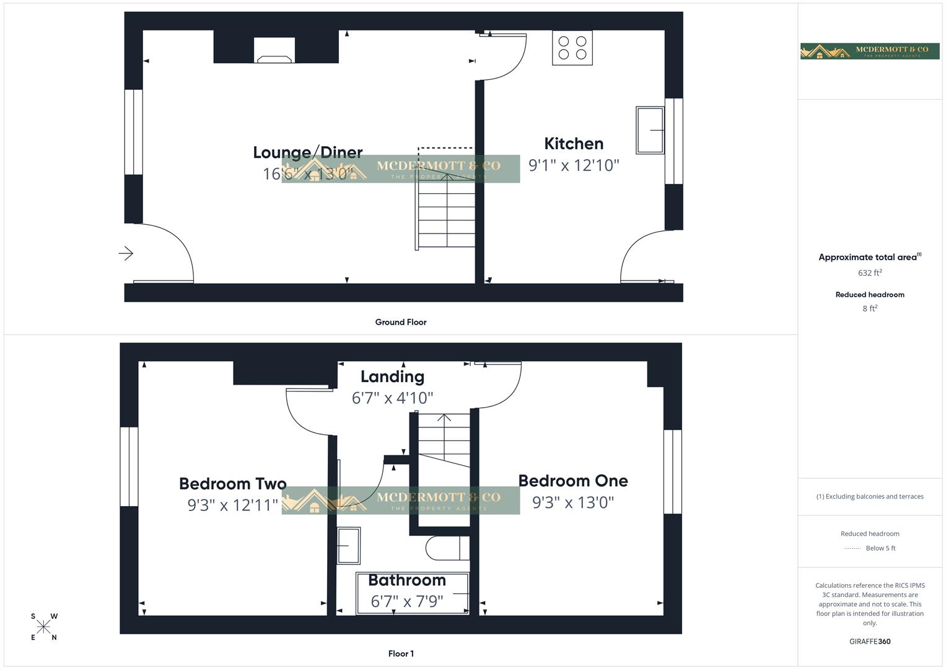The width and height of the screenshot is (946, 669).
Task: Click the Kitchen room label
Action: (574, 144)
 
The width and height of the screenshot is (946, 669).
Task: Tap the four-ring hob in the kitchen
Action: (572, 48)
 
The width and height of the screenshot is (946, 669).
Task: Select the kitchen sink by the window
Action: (649, 130)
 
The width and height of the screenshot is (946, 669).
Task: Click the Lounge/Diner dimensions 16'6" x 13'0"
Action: (308, 173)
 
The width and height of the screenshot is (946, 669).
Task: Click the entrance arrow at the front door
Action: (126, 253)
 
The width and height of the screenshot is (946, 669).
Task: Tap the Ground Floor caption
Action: (401, 322)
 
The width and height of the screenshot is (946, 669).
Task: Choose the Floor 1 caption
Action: (401, 654)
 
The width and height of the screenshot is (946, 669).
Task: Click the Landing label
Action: (392, 377)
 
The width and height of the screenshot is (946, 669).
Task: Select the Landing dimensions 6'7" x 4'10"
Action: (392, 398)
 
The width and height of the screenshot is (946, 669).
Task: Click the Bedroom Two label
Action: (233, 484)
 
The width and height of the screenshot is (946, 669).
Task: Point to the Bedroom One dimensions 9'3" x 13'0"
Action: (573, 502)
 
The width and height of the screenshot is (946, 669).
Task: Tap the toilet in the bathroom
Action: (447, 548)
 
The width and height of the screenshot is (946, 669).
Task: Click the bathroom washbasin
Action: (349, 546)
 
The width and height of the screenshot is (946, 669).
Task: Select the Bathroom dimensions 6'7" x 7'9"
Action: (407, 601)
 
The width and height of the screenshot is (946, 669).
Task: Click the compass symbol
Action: (44, 627)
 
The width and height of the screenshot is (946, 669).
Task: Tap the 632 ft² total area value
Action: (870, 273)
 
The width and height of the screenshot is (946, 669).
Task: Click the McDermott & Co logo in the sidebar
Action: (870, 51)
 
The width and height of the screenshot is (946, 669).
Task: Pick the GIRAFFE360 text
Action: (870, 642)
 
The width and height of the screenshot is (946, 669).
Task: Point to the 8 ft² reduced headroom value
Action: (870, 308)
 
